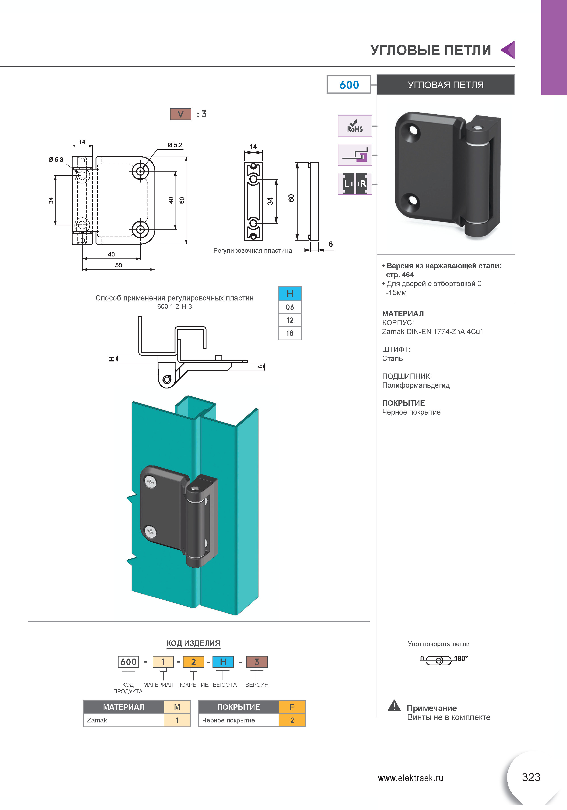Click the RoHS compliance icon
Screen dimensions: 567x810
pos(355,126)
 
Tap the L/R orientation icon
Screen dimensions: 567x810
pos(355,183)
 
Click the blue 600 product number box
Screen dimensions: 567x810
pos(349,85)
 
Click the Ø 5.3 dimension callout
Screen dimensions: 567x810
pos(56,160)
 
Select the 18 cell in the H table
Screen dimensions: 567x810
pos(290,333)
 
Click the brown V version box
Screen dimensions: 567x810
pos(181,114)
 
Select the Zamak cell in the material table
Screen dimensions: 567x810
pos(124,720)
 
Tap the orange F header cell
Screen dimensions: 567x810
pos(292,707)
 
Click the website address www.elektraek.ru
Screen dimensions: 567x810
pos(411,778)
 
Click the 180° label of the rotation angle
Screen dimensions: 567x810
pos(461,658)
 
